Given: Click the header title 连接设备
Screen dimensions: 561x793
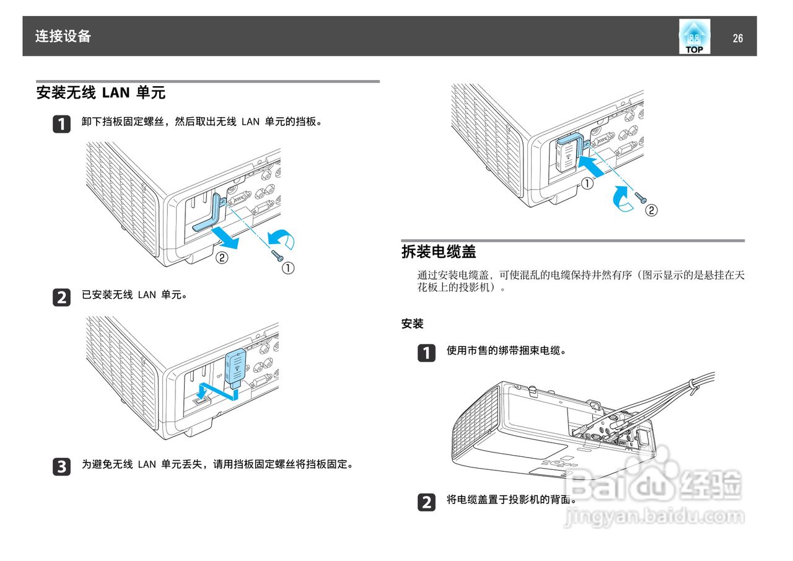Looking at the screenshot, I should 63,37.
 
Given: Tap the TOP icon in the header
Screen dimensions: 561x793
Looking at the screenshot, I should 694,37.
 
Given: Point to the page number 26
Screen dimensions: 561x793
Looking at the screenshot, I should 737,38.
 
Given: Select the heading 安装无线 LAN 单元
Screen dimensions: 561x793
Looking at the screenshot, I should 101,93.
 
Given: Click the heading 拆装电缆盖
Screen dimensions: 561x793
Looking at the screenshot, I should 439,252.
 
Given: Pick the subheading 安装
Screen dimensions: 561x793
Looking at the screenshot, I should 412,324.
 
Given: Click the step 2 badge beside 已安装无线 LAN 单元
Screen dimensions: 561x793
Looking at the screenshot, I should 61,298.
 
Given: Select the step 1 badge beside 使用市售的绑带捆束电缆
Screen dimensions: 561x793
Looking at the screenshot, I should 426,353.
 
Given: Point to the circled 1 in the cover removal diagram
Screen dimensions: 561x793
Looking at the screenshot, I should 288,268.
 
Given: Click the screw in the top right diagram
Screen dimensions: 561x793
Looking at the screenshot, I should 641,197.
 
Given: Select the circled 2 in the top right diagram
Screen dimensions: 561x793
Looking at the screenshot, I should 651,210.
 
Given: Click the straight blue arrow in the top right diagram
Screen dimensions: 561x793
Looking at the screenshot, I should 594,165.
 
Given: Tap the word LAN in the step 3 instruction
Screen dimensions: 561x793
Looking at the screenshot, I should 147,464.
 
